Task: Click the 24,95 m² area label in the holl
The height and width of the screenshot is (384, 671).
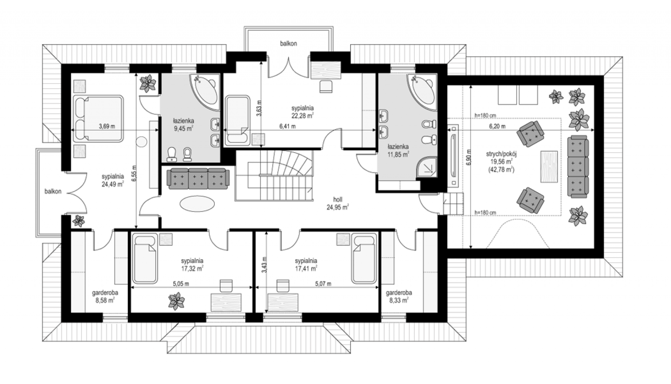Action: [338, 207]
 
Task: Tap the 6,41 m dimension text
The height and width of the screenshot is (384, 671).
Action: [288, 126]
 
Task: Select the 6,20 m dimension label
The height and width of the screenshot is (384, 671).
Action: [497, 126]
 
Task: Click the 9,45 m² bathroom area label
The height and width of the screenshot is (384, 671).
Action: [183, 129]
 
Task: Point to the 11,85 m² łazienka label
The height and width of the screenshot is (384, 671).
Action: [398, 155]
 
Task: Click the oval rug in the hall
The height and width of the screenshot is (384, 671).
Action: [197, 204]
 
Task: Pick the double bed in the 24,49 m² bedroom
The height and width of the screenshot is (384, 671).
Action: [98, 118]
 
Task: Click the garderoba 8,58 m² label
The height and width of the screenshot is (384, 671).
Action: [105, 296]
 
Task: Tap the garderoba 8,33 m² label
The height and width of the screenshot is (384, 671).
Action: [399, 296]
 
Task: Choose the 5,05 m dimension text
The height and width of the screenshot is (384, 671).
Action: [181, 284]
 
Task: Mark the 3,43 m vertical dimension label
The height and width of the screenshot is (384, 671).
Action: [264, 265]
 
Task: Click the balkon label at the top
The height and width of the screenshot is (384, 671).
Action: [289, 44]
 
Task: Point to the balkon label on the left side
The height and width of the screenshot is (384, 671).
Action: [53, 191]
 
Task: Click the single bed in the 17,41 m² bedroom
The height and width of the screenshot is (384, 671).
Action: [364, 259]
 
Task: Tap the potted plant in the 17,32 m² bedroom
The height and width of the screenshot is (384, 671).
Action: [176, 301]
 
